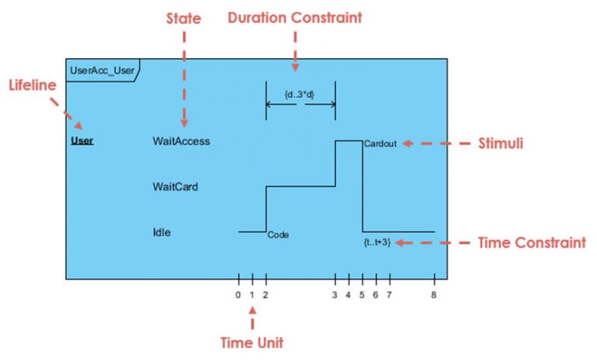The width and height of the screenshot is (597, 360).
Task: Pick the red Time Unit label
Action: point(251,343)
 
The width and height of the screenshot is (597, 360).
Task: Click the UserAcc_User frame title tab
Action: point(103,70)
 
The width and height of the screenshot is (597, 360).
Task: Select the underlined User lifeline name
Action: point(82,142)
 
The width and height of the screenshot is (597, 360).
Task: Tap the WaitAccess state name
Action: point(181,142)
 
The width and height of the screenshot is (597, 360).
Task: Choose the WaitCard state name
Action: point(175,187)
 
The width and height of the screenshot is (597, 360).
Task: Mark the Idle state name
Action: point(162,232)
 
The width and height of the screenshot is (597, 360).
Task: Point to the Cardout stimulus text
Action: point(380,144)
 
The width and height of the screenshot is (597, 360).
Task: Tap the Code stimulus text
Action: point(278,235)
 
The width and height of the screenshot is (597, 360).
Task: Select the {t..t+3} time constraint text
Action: point(376,243)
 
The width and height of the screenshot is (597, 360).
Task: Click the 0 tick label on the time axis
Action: point(238,295)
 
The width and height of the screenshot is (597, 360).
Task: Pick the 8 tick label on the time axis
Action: point(434,295)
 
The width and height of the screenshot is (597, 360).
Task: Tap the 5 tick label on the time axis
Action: point(362,295)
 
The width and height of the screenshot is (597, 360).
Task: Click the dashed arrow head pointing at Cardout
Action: point(404,143)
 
